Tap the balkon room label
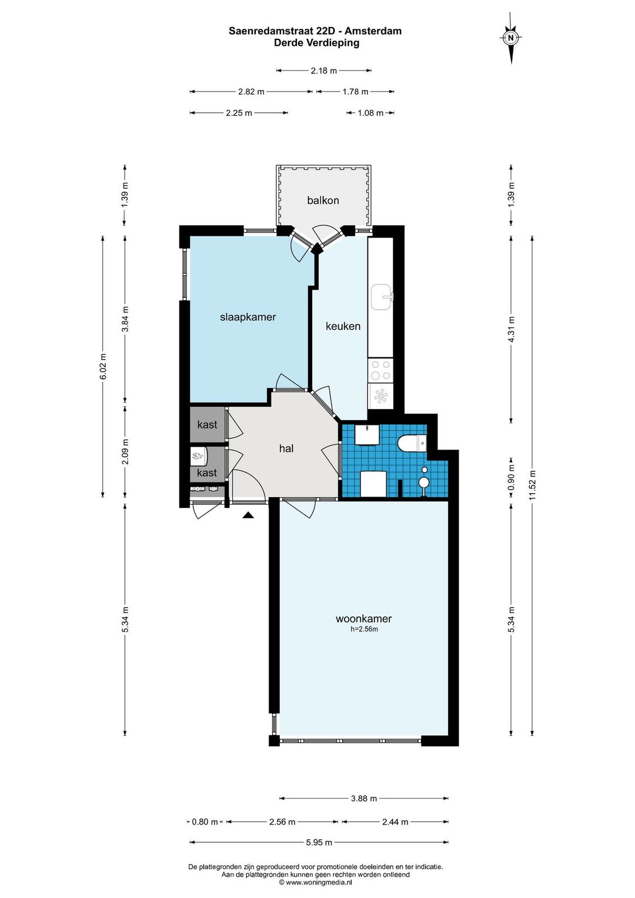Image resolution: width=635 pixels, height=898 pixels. [323, 200]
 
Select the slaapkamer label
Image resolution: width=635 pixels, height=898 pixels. [248, 317]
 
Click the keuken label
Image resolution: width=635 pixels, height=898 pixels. [343, 326]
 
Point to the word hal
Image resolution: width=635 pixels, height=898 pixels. [286, 448]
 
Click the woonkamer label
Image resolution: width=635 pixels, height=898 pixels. [363, 619]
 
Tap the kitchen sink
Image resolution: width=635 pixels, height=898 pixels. [382, 297]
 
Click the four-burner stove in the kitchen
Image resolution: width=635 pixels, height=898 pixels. [380, 370]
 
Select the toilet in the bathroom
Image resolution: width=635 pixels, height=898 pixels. [413, 443]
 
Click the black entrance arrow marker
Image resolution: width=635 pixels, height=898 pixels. [248, 515]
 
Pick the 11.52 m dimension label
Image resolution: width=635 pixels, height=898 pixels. [532, 485]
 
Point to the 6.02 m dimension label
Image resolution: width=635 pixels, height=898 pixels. [103, 366]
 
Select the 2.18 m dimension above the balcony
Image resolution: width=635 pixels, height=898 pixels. [324, 71]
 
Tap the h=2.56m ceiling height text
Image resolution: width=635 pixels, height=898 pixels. [364, 629]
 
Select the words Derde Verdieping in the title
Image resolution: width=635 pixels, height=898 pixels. [316, 43]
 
